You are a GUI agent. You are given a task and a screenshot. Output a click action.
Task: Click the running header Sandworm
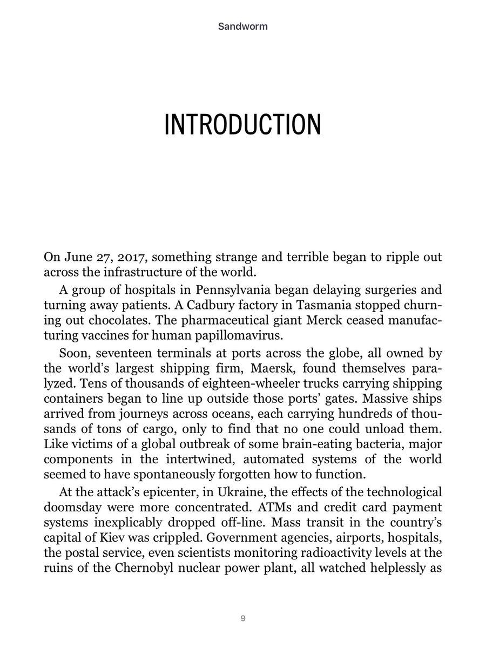tap(242, 25)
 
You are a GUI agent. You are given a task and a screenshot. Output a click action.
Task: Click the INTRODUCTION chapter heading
tap(242, 124)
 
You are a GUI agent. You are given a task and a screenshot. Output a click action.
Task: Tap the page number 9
tap(243, 618)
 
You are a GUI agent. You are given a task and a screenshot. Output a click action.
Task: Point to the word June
tap(75, 257)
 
